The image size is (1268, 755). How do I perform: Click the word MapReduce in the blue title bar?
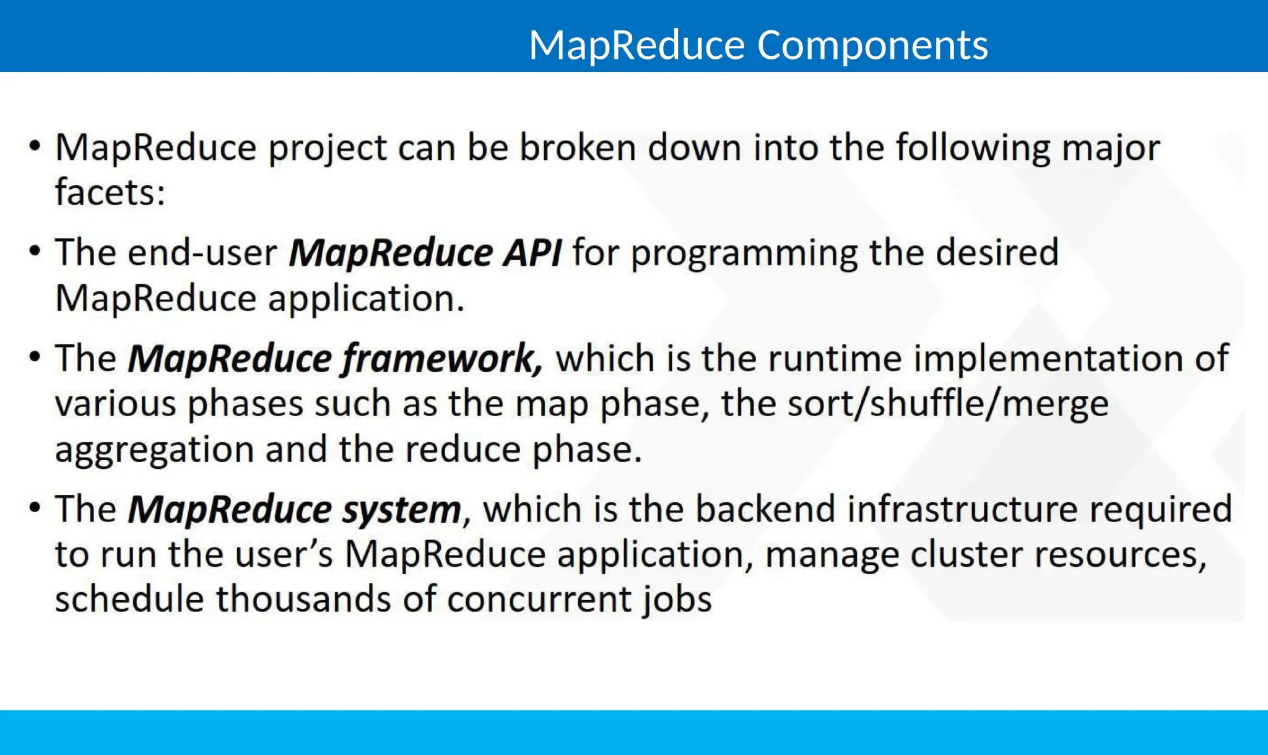click(636, 46)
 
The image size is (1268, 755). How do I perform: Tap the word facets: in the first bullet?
click(110, 192)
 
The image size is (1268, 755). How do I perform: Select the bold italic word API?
click(532, 253)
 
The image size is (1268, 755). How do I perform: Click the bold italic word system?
click(401, 510)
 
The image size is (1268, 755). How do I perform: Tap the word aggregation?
click(154, 450)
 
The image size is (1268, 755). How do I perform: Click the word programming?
click(744, 254)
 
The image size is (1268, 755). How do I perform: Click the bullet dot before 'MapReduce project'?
click(35, 147)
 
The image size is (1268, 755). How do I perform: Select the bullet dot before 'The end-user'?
click(35, 251)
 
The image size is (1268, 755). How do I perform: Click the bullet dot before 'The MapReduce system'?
click(35, 508)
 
